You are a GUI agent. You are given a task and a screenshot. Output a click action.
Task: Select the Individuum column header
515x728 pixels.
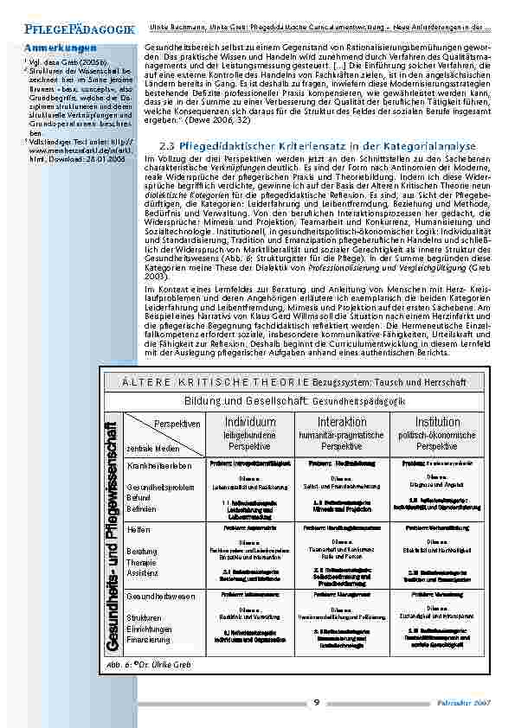click(250, 422)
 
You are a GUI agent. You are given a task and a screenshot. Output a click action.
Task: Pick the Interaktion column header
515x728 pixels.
click(341, 422)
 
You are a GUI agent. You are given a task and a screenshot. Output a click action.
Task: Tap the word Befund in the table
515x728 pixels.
click(139, 498)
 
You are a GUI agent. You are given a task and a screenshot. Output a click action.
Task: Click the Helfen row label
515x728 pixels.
click(138, 529)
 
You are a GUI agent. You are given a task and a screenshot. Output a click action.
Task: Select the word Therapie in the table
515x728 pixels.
click(142, 562)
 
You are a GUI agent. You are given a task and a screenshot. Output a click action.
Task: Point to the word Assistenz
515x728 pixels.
click(143, 573)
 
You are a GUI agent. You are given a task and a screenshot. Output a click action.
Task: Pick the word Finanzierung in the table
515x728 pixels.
click(148, 639)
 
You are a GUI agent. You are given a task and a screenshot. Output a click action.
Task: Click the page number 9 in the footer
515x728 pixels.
click(317, 701)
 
